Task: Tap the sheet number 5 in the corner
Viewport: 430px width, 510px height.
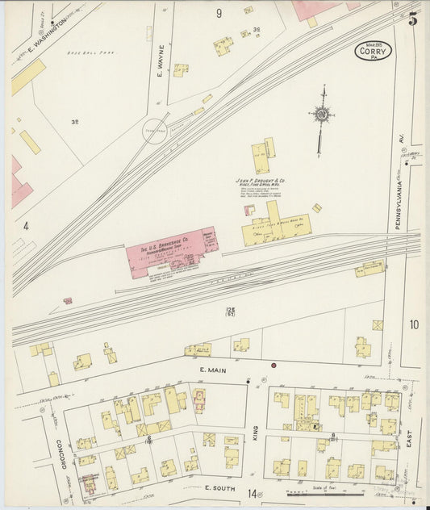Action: [412, 20]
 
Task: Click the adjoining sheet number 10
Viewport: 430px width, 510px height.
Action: [413, 324]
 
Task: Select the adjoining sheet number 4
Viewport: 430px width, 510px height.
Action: [26, 226]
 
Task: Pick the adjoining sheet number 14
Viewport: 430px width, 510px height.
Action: [253, 493]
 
